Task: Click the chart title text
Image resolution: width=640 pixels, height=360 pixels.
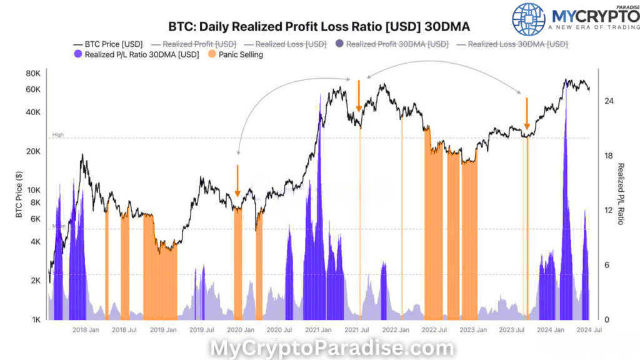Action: (x=319, y=27)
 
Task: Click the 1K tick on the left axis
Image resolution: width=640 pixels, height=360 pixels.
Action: (x=36, y=320)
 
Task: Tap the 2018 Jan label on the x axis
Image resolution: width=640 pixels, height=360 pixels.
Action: (x=86, y=330)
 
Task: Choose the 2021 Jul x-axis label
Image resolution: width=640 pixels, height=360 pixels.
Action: (x=357, y=330)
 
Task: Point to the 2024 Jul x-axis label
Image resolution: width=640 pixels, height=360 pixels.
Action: (x=589, y=330)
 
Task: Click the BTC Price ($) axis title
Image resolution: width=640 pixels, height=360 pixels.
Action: (x=19, y=194)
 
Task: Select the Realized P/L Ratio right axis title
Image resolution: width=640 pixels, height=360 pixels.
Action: (x=621, y=194)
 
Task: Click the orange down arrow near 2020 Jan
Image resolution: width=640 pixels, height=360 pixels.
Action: (x=237, y=181)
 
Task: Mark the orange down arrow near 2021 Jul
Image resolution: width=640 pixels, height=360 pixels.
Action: (x=359, y=96)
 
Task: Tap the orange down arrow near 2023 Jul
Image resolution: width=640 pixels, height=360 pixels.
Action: (x=527, y=113)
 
